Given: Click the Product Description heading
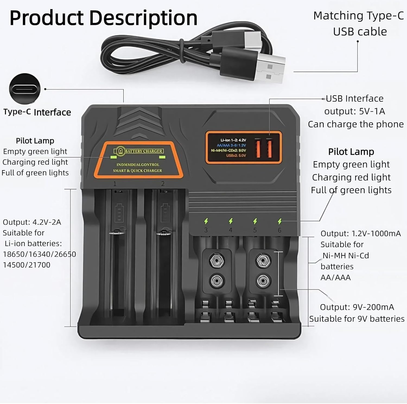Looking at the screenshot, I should [103, 18].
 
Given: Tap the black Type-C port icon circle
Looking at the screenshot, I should [25, 89].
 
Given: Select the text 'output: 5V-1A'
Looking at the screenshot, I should [355, 111].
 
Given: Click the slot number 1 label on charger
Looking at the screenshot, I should [115, 184].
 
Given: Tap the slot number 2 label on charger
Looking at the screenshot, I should [163, 184].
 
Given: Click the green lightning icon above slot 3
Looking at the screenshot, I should [206, 221].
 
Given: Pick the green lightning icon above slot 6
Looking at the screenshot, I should [280, 221].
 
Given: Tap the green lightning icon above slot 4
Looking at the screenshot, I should [231, 221].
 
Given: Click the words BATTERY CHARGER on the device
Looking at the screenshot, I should [144, 151].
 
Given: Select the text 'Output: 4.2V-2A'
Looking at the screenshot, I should [32, 222].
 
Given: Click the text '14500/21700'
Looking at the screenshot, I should [27, 265].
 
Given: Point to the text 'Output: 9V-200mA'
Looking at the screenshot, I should [357, 307].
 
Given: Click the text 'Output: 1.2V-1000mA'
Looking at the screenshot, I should [361, 234].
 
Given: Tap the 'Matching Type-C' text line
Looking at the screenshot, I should [358, 16].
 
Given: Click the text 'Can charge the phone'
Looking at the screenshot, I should [356, 124].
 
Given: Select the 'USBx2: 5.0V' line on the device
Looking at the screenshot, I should [236, 155].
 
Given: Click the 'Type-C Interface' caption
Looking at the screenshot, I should [37, 112].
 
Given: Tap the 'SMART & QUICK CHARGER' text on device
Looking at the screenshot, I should [137, 171].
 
